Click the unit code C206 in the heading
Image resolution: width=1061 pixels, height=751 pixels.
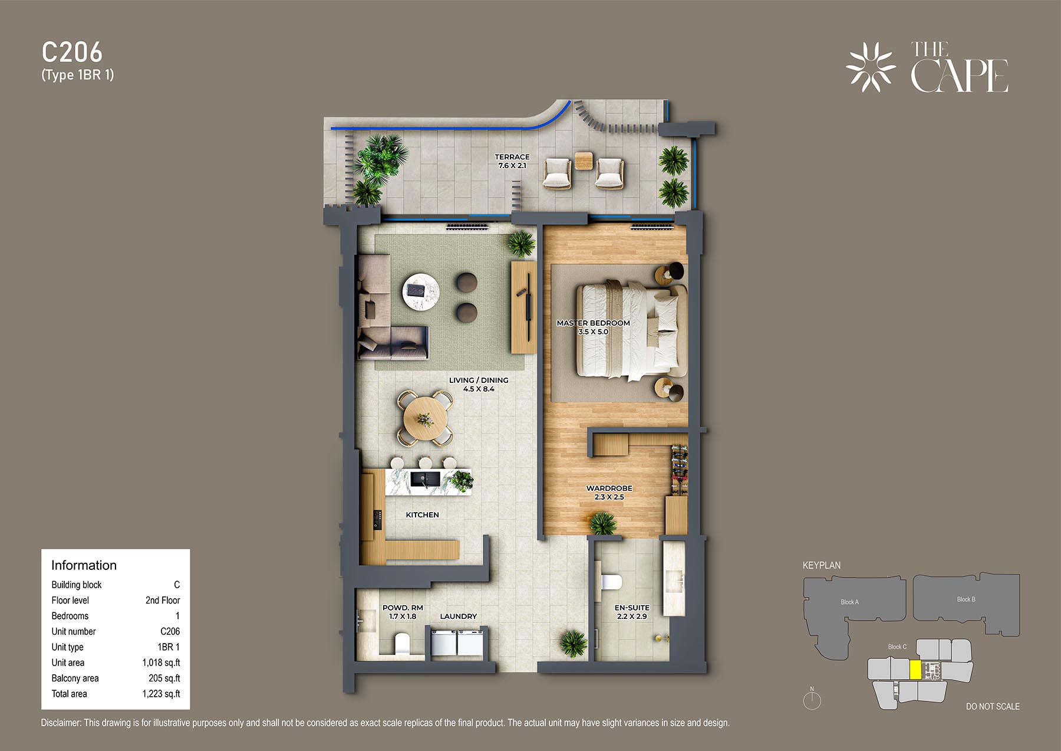coord(72,52)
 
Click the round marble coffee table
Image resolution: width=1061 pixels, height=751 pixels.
coord(421,291)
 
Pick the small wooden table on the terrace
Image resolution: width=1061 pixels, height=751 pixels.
coord(584,160)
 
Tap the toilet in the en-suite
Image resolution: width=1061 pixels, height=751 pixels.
coord(611,582)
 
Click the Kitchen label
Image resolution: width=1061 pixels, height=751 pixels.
coord(422,514)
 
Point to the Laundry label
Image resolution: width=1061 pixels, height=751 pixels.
coord(458,616)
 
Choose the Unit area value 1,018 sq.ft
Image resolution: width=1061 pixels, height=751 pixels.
coord(161,663)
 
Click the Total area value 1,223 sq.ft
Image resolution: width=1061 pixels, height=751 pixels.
coord(161,694)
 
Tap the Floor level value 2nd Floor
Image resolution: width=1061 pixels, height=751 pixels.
coord(163,600)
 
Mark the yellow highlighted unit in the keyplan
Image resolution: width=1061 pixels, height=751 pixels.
coord(915,670)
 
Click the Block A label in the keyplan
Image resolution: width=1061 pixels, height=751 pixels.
coord(849,602)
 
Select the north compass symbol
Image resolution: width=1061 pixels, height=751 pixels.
coord(812,699)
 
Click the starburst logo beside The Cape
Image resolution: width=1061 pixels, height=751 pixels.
coord(871,67)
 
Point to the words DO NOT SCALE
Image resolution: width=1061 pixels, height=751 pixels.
coord(993,706)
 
